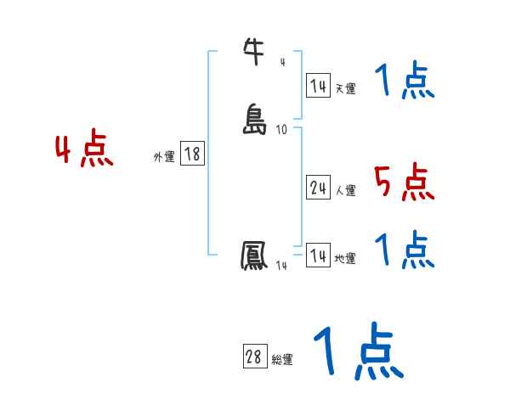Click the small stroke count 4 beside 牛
point(282,61)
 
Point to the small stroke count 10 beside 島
point(281,129)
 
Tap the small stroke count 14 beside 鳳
point(280,267)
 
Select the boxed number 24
point(318,188)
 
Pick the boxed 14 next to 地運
point(318,255)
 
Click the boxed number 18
point(192,154)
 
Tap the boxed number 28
point(253,357)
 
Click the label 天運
point(345,88)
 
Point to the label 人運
point(345,191)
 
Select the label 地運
point(345,258)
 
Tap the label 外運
point(164,157)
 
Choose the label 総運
point(282,360)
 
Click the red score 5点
point(403,182)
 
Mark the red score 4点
point(84,150)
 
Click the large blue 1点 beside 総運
point(358,351)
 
